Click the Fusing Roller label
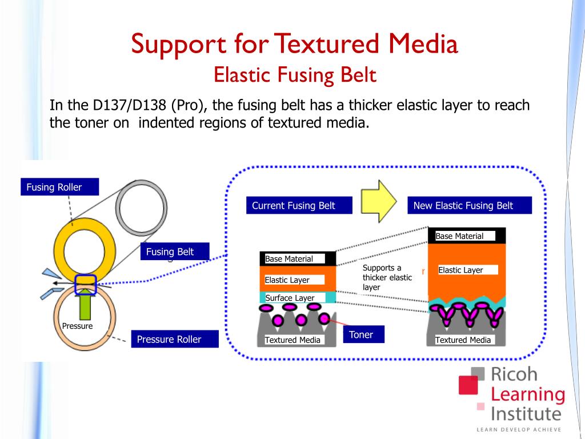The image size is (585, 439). [59, 187]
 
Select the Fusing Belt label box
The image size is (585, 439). [175, 252]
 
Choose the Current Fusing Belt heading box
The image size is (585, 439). [299, 206]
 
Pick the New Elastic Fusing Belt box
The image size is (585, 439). [470, 206]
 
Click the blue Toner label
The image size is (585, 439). [363, 334]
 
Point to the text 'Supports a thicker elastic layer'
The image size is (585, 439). [387, 277]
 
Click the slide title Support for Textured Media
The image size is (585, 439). [294, 45]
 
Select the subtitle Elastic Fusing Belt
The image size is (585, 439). [295, 74]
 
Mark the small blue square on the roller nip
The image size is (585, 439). [85, 281]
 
